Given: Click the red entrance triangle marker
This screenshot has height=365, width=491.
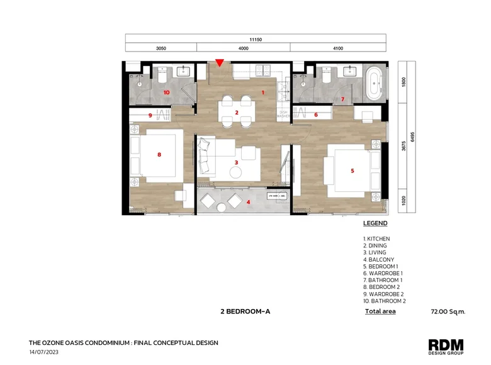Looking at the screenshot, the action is [x=220, y=62].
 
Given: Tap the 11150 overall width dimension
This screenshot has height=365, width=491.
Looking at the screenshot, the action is [x=256, y=40].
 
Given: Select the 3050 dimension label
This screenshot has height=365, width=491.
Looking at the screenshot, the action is [x=161, y=48].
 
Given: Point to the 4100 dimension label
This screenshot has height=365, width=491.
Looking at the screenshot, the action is [x=338, y=48].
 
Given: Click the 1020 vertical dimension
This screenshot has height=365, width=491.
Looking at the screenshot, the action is [x=404, y=200].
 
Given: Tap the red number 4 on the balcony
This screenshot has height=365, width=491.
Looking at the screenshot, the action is [x=248, y=202].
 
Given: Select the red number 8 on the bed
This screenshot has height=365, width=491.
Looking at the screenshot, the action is [x=159, y=154].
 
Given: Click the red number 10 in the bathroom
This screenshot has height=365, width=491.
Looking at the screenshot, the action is [x=167, y=93].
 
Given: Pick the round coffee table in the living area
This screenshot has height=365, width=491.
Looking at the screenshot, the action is [x=235, y=172].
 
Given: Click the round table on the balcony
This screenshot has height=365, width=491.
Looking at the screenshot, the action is [x=222, y=208].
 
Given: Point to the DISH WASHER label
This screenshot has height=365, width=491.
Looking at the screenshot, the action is [x=283, y=114].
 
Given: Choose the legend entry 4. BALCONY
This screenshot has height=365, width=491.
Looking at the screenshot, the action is [x=378, y=259].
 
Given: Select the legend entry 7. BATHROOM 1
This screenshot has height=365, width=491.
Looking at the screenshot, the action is [x=383, y=280].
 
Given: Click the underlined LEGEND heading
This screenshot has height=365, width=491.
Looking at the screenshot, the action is [x=375, y=223].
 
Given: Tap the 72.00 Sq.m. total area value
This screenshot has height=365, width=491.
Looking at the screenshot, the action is [x=448, y=312].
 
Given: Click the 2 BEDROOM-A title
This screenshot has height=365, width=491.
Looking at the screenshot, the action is [x=245, y=312].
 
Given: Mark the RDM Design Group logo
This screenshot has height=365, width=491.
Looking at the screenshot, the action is [x=446, y=347].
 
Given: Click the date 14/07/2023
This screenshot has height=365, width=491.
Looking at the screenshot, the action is [x=44, y=352].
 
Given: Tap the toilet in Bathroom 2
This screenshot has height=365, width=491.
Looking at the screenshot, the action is [x=162, y=75].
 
